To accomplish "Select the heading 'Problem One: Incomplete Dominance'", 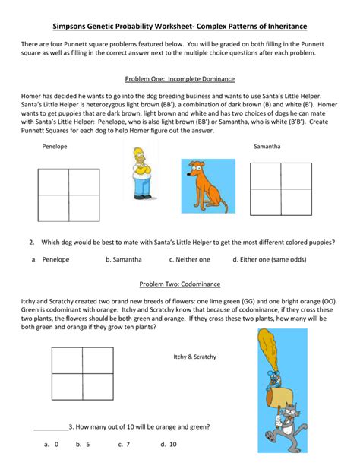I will [179, 79].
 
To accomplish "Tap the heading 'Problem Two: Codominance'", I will [179, 284].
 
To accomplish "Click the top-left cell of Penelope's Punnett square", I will [52, 182].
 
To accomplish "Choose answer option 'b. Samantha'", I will [123, 259].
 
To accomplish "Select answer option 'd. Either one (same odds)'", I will [282, 259].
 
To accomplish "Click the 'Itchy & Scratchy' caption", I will [194, 357].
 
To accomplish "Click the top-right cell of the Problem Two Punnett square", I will [109, 361].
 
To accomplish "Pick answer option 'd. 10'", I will [168, 444].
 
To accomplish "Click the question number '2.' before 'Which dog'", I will [33, 243].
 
